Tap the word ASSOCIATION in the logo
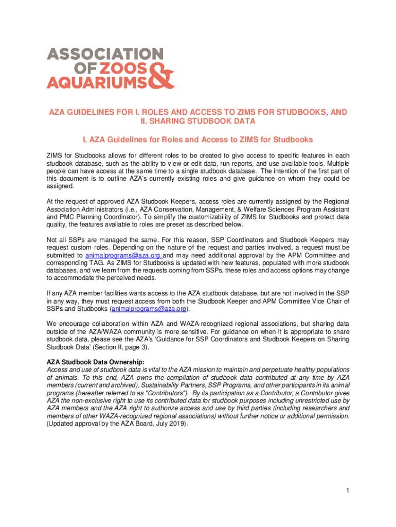point(105,54)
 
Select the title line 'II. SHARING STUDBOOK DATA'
point(198,121)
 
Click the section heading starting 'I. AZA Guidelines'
point(198,140)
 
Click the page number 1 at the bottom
point(348,490)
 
